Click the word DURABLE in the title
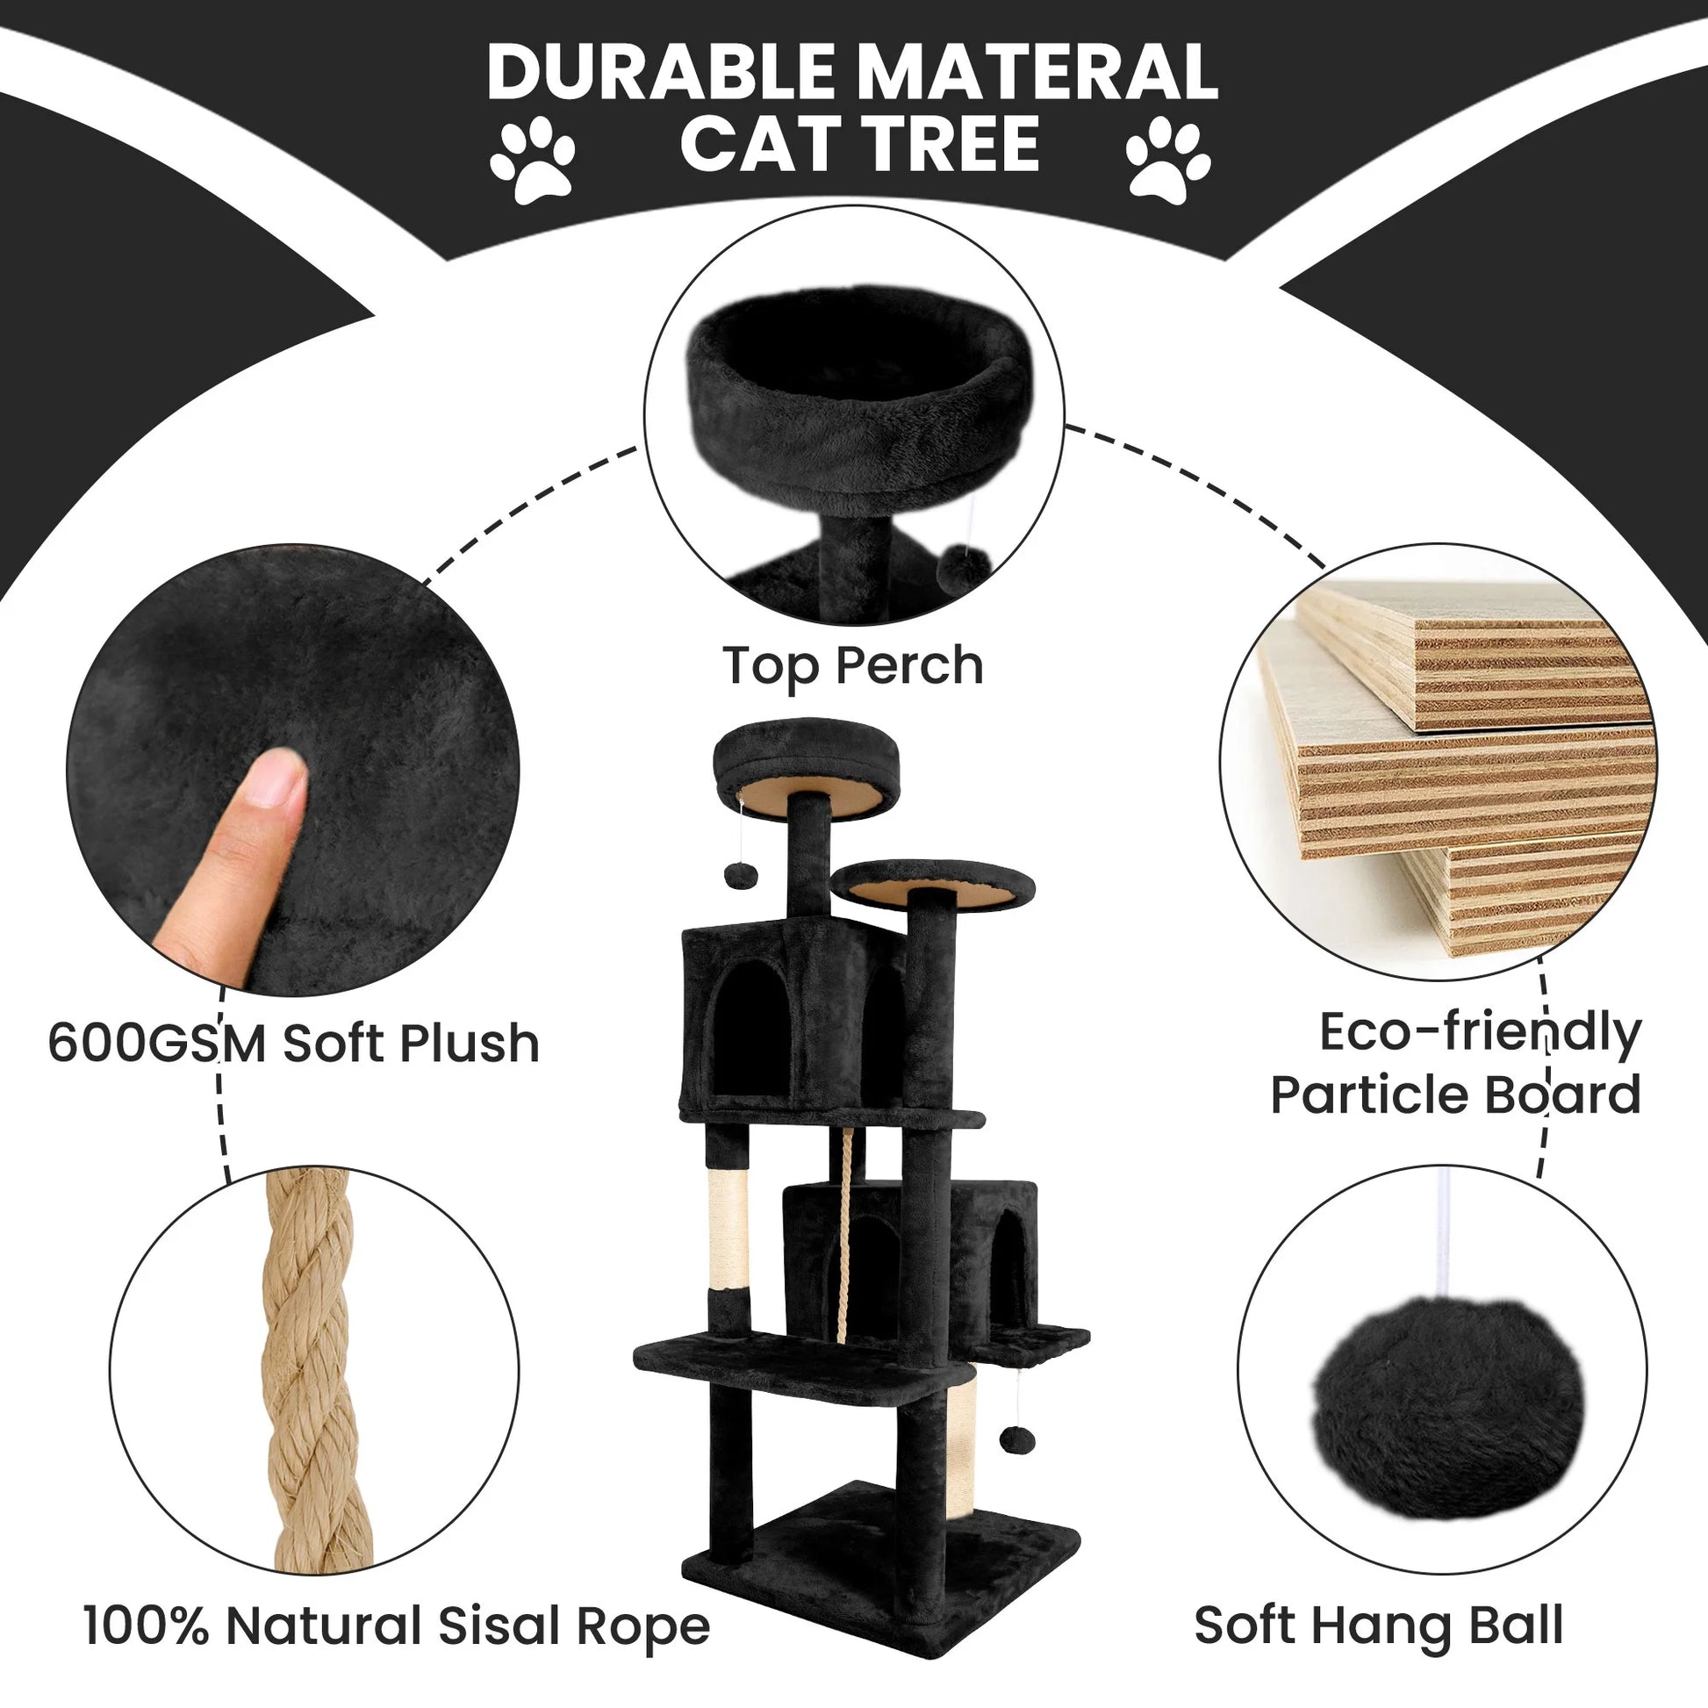point(657,73)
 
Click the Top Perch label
point(852,666)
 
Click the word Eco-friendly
point(1480,1032)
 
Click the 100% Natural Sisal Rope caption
point(396,1626)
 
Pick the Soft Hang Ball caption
point(1378,1625)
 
